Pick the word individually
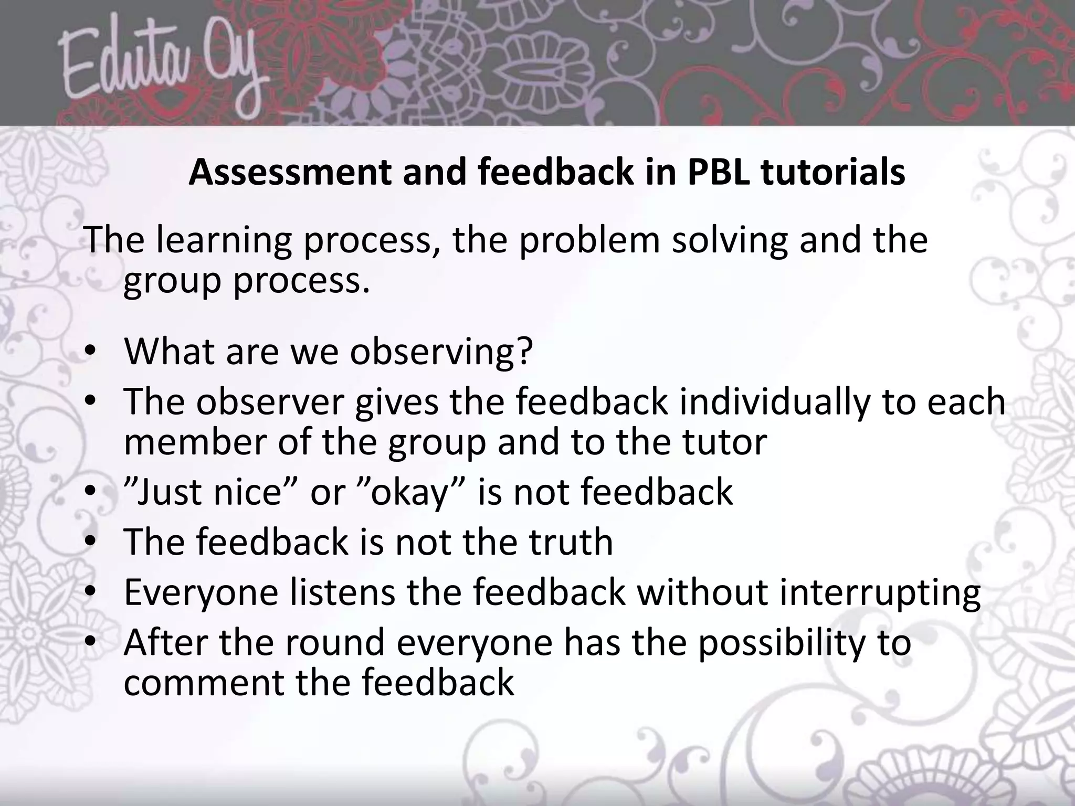pyautogui.click(x=774, y=402)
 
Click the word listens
pyautogui.click(x=342, y=592)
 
